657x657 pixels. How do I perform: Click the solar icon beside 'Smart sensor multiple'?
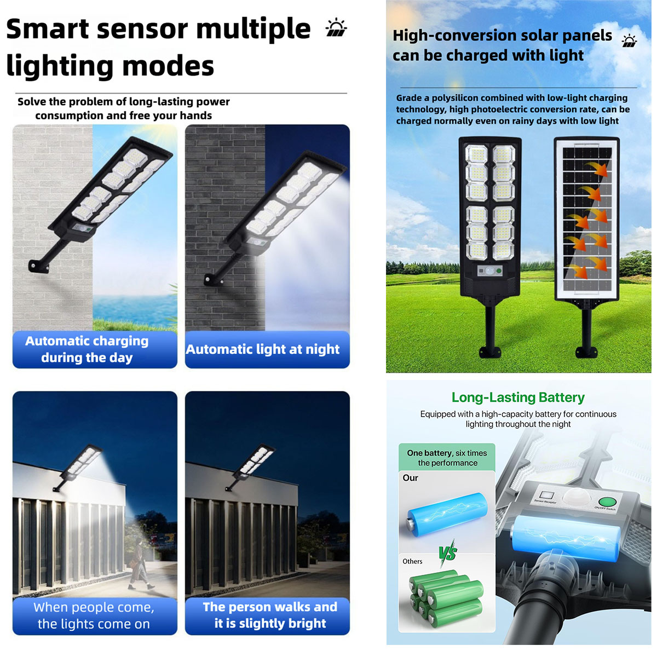(336, 27)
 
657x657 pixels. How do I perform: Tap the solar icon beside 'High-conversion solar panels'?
(629, 41)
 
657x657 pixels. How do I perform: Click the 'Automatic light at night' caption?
(263, 349)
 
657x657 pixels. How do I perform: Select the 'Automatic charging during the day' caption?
(87, 349)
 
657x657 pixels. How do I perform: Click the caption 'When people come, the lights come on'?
(94, 615)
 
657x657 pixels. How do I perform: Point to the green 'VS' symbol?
(448, 554)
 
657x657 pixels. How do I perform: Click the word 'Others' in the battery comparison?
(412, 561)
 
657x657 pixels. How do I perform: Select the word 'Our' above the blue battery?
(410, 477)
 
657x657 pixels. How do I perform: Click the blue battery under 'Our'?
(447, 514)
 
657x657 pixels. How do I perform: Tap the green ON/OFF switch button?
(607, 502)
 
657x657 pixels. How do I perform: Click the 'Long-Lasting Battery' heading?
(518, 397)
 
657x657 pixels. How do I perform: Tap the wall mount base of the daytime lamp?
(38, 266)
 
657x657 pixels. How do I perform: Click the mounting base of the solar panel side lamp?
(586, 351)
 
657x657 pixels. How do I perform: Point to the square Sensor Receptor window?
(546, 495)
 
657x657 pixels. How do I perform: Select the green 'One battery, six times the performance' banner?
(447, 457)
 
